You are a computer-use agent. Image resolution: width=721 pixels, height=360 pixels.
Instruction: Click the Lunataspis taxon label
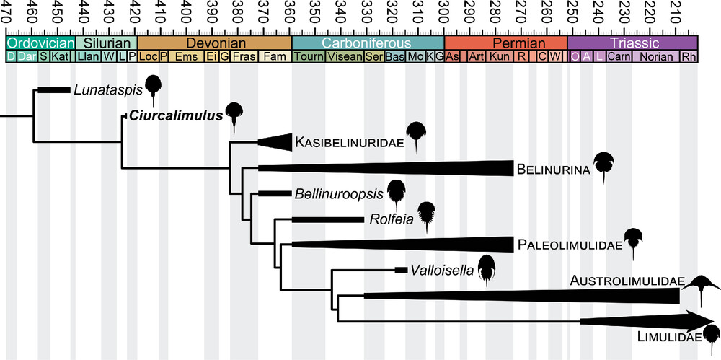pyautogui.click(x=107, y=89)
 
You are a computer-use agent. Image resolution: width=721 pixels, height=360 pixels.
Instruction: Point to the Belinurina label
pyautogui.click(x=552, y=170)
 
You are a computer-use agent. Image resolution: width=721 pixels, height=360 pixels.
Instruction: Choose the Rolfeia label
pyautogui.click(x=391, y=219)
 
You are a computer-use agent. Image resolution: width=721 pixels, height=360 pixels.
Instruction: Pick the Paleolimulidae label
pyautogui.click(x=570, y=245)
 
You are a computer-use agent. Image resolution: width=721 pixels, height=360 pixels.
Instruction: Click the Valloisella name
pyautogui.click(x=441, y=271)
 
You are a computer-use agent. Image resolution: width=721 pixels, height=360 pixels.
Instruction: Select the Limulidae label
pyautogui.click(x=668, y=337)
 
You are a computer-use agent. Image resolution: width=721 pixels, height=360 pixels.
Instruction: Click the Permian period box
pyautogui.click(x=506, y=43)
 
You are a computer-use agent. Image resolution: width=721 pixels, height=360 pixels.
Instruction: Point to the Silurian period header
pyautogui.click(x=106, y=43)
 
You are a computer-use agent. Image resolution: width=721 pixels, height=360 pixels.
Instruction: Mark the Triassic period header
pyautogui.click(x=633, y=43)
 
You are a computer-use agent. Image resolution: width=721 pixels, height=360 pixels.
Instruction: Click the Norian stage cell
pyautogui.click(x=656, y=57)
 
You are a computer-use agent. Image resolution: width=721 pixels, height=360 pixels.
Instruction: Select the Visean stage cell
pyautogui.click(x=345, y=57)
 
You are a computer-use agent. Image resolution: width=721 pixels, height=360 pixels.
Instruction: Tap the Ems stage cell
pyautogui.click(x=186, y=57)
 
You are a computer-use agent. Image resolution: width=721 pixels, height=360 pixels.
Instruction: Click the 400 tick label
pyautogui.click(x=185, y=13)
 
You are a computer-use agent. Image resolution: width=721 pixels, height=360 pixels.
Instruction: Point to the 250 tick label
pyautogui.click(x=572, y=13)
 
